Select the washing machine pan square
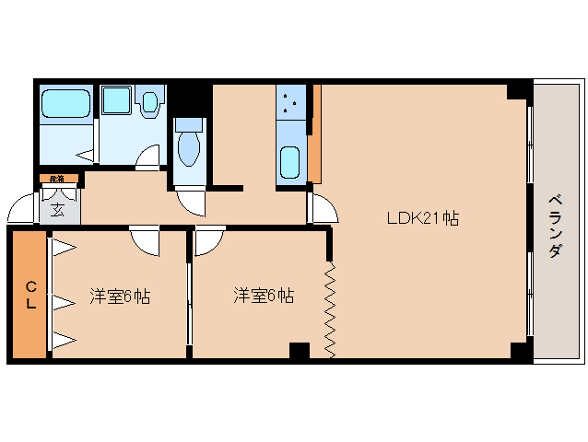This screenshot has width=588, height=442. (116, 102)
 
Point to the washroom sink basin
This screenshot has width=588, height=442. (148, 102)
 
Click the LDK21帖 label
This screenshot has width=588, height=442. (422, 218)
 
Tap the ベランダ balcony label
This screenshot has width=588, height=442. (554, 226)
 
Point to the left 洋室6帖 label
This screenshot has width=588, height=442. (120, 296)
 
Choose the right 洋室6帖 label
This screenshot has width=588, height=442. (264, 296)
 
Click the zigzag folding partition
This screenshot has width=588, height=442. (330, 310)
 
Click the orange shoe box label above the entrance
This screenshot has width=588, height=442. (56, 178)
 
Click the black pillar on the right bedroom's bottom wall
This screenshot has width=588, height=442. (299, 351)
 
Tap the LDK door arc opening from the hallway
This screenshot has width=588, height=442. (323, 207)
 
